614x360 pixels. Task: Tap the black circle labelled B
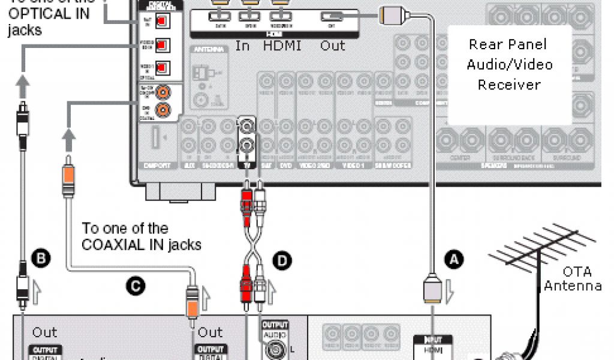tap(41, 259)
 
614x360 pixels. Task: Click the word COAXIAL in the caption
tap(113, 244)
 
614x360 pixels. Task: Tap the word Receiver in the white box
tap(509, 85)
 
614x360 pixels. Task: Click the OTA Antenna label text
tap(573, 278)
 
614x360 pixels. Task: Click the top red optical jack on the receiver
tap(161, 22)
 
